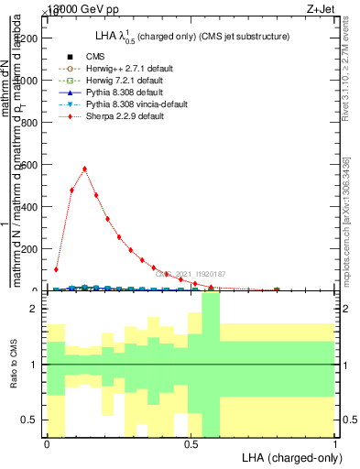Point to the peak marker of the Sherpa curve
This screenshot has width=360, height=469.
pyautogui.click(x=84, y=169)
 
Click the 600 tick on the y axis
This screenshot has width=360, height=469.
pyautogui.click(x=42, y=165)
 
